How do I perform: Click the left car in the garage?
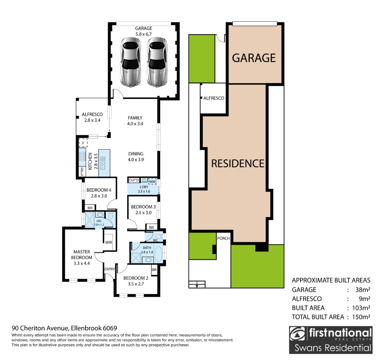point(131,62)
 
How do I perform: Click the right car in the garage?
point(157,62)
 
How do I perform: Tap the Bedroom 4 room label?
point(99,190)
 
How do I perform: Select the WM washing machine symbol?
point(152,182)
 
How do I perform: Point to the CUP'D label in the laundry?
point(134,180)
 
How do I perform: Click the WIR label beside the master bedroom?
point(108,242)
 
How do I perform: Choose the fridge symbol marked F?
point(83,143)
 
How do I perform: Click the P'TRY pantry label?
point(82,172)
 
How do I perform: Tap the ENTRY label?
point(110,269)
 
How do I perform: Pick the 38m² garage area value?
point(362,290)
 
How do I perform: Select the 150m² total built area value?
point(361,317)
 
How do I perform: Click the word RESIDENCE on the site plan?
point(238,163)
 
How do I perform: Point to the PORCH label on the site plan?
point(223,238)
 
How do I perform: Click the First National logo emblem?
point(297,334)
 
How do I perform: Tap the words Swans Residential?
point(333,348)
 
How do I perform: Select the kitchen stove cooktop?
point(82,157)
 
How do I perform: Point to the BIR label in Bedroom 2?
point(154,270)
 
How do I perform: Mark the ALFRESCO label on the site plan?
point(214,98)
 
